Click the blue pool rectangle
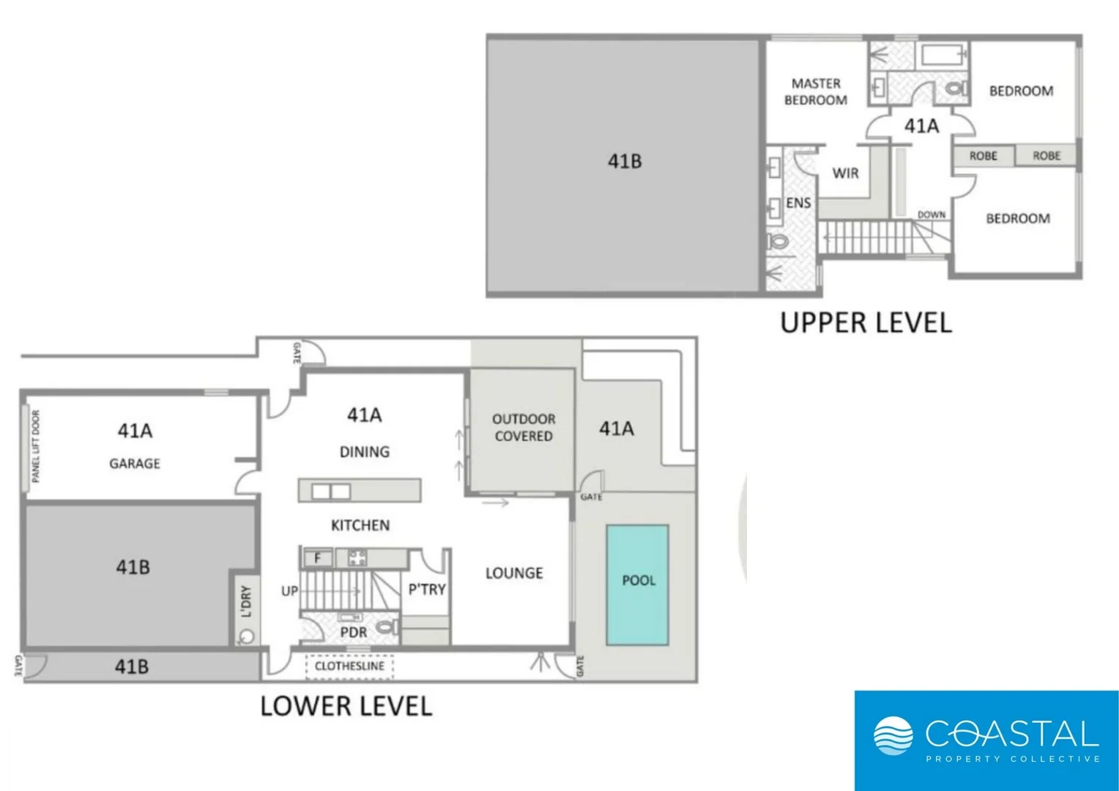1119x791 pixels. (636, 584)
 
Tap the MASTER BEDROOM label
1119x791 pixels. (815, 92)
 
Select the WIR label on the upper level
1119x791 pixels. (845, 174)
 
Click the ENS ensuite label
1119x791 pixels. (798, 203)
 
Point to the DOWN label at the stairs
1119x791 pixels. (931, 215)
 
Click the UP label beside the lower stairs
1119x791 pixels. (289, 590)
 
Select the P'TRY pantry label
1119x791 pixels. (426, 589)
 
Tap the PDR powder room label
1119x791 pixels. (353, 632)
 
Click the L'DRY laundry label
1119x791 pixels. (246, 601)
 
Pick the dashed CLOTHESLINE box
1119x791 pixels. (349, 666)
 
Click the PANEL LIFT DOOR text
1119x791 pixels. (36, 446)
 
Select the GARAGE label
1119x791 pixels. (135, 464)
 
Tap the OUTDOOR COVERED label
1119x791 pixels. (523, 428)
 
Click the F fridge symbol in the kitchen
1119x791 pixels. (318, 558)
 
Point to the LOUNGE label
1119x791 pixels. (514, 573)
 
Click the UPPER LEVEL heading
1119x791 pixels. (866, 323)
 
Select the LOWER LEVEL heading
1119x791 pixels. (346, 706)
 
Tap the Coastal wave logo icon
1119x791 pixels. (893, 735)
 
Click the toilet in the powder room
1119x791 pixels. (387, 627)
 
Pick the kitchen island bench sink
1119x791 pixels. (331, 491)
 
